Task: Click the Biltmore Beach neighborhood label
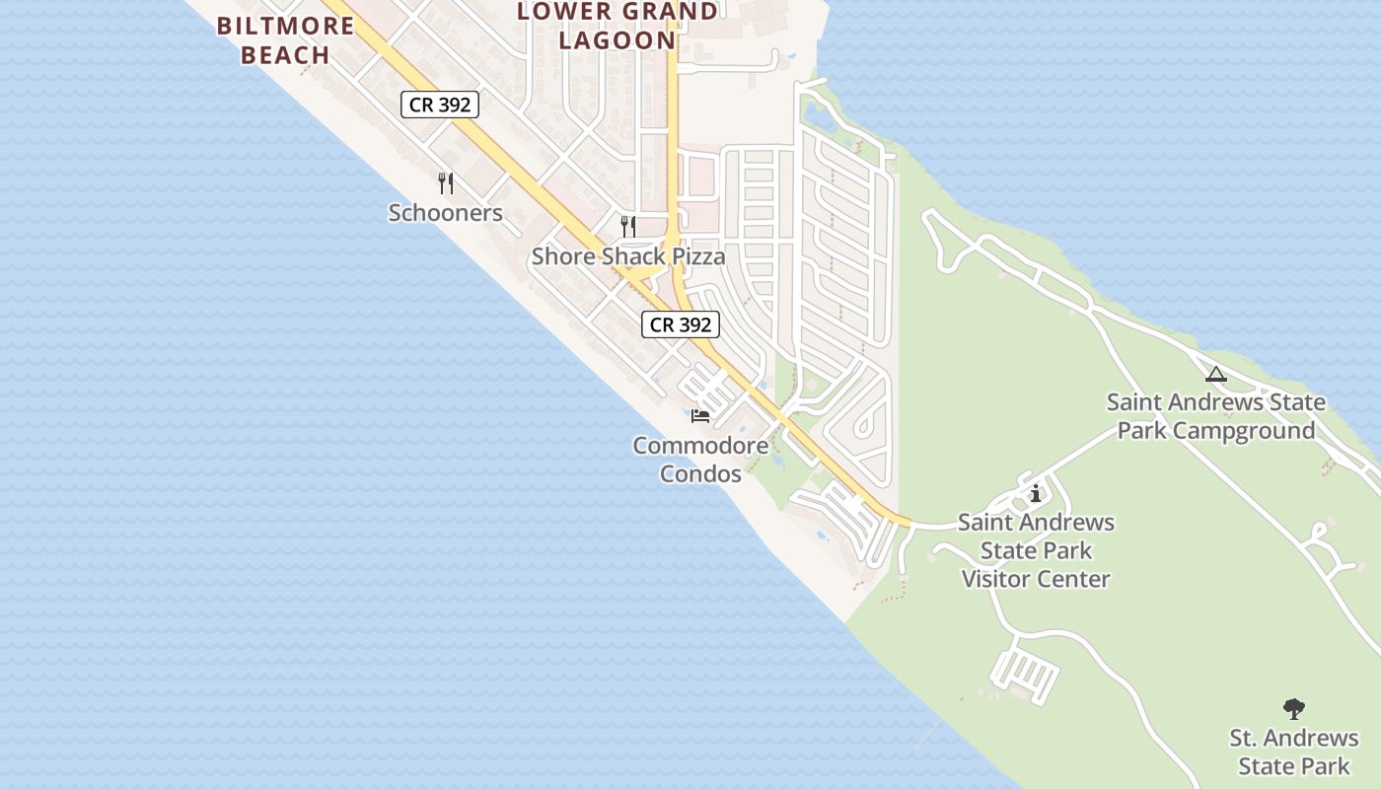(x=285, y=40)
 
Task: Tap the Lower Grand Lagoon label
(x=618, y=27)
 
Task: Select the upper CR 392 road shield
(x=440, y=105)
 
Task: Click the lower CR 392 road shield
(x=681, y=324)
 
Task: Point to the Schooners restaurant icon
(x=446, y=183)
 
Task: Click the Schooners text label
(x=446, y=213)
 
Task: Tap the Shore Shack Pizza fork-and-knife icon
(x=628, y=227)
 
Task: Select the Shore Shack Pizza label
(x=628, y=256)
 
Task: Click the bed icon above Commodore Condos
(x=700, y=416)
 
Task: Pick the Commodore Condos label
(x=700, y=460)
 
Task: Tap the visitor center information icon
(x=1036, y=493)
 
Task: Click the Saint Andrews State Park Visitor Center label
(x=1036, y=550)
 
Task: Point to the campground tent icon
(x=1216, y=374)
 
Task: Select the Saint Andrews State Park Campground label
(x=1216, y=416)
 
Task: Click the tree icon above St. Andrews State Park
(x=1294, y=708)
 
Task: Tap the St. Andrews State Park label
(x=1294, y=752)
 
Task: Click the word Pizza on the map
(x=697, y=256)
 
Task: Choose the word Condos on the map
(x=700, y=474)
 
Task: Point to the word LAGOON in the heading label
(x=618, y=40)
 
